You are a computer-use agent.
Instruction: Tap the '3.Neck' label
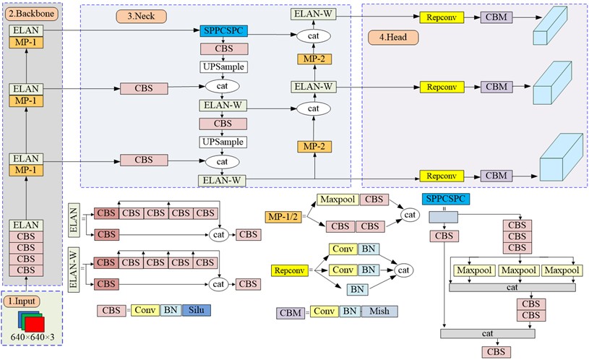tap(139, 15)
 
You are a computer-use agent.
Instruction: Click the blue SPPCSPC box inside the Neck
tap(223, 31)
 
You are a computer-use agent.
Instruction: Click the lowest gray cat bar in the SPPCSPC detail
tap(488, 334)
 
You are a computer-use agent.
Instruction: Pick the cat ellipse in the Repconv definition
tap(404, 270)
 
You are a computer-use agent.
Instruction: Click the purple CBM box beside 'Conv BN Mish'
tap(290, 312)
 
